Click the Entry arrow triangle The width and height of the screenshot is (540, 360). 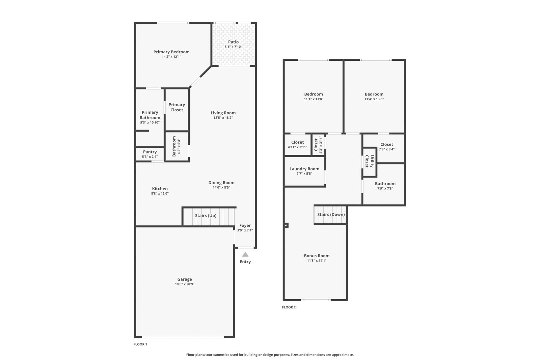tap(245, 254)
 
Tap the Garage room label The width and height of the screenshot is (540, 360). tap(185, 279)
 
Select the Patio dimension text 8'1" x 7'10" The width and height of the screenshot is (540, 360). tap(233, 47)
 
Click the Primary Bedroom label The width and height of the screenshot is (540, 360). tap(171, 52)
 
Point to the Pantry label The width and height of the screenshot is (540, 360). tap(150, 152)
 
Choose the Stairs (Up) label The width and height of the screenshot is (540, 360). tap(206, 215)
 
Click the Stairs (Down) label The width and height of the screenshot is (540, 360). tap(331, 215)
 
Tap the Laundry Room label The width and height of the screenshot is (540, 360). tap(304, 169)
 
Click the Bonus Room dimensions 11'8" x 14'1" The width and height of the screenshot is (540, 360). tap(317, 260)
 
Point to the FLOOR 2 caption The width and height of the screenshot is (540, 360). tap(289, 307)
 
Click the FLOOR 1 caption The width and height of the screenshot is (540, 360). tap(140, 344)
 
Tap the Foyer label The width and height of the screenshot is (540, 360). tap(245, 225)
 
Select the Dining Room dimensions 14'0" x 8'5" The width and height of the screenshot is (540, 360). tap(221, 188)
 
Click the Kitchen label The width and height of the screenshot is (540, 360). tap(160, 189)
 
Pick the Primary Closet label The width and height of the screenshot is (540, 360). tap(177, 107)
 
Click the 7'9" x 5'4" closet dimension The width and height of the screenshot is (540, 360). tap(387, 149)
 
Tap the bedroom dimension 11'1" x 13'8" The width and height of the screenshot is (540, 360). tap(314, 99)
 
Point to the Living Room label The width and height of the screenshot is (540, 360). tap(223, 113)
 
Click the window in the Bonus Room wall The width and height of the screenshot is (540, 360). tap(316, 300)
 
